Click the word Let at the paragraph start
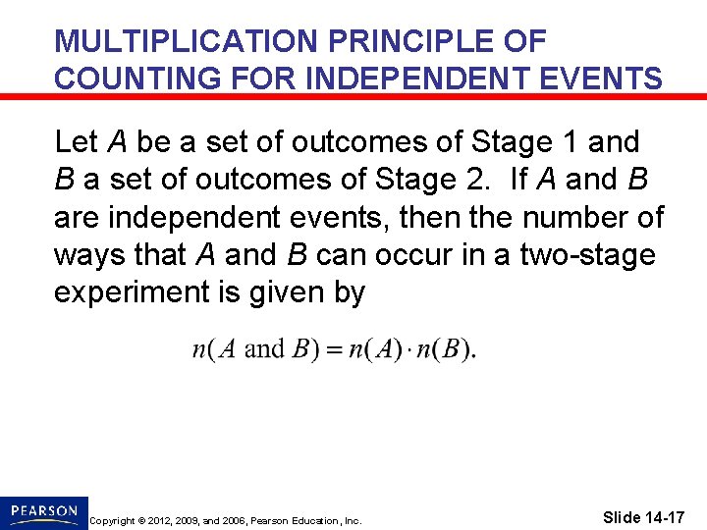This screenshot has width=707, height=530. pyautogui.click(x=77, y=142)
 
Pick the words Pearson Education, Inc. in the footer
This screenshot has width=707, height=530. pyautogui.click(x=308, y=520)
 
